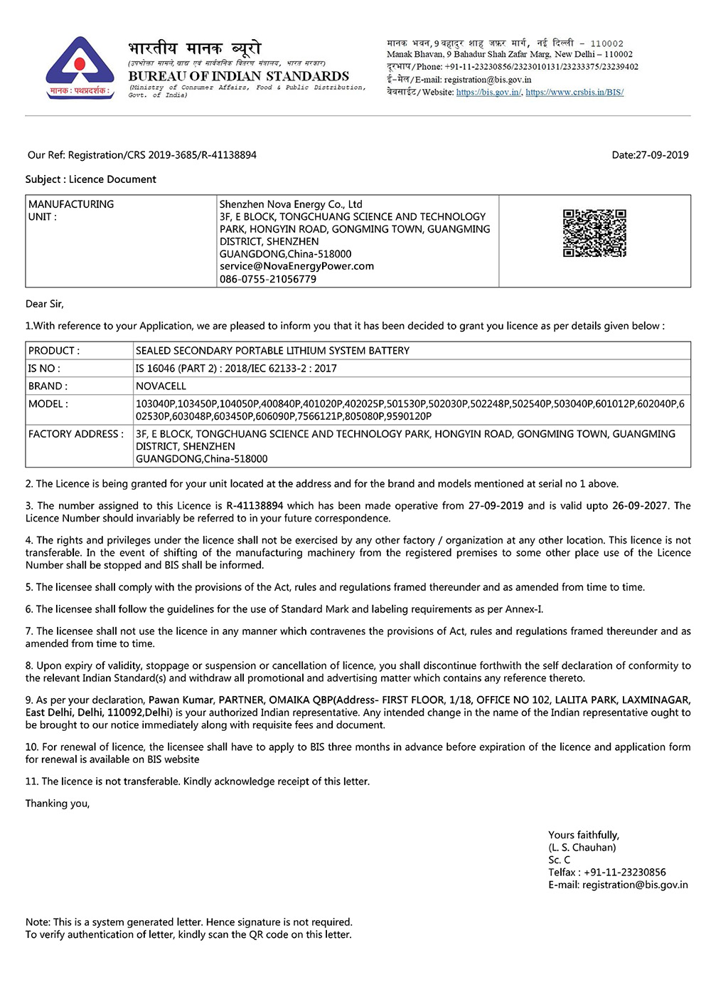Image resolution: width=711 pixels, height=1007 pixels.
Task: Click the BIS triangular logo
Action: click(80, 68)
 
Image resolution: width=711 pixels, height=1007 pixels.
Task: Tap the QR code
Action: click(594, 233)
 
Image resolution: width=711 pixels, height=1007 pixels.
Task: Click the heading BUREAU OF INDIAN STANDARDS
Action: click(239, 76)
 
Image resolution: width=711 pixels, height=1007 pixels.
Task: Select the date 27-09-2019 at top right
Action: click(662, 155)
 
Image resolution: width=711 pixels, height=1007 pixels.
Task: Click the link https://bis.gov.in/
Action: click(488, 93)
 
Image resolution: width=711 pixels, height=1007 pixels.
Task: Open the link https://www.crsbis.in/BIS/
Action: click(574, 93)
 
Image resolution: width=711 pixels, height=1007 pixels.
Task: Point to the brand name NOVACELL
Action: click(161, 386)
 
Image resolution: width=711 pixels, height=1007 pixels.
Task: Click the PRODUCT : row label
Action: click(54, 351)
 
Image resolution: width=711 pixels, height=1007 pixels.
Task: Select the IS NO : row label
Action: click(44, 369)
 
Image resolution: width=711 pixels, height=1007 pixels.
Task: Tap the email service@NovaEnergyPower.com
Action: click(296, 266)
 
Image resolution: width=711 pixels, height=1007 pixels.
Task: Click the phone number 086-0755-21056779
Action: click(268, 279)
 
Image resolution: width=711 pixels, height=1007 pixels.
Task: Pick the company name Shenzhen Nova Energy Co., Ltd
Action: click(291, 204)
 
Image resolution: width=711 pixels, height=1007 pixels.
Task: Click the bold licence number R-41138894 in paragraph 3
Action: click(255, 506)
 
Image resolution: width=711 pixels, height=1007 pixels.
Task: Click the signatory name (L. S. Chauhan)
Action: click(582, 848)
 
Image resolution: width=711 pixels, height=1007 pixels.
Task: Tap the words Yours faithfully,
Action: click(584, 835)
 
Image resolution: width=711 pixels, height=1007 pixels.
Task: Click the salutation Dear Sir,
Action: click(45, 304)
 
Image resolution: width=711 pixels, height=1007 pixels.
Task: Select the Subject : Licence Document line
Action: click(91, 179)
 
